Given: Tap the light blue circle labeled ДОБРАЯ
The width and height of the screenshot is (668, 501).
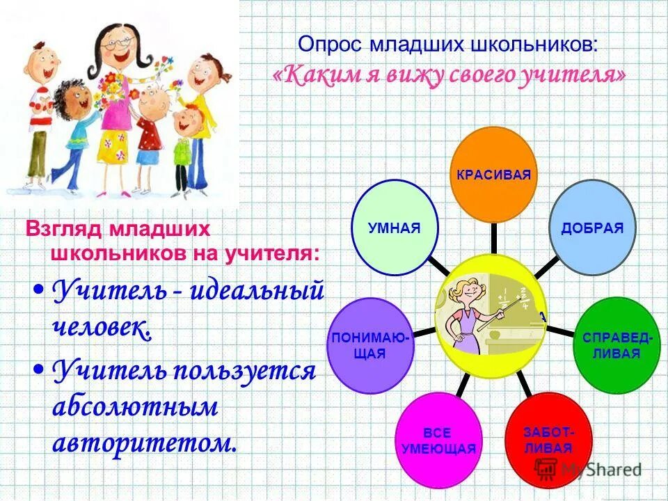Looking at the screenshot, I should point(592,228).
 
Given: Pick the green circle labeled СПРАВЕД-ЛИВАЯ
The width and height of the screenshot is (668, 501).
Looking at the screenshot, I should point(617,345).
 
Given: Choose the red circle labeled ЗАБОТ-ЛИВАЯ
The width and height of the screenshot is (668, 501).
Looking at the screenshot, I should point(549,439).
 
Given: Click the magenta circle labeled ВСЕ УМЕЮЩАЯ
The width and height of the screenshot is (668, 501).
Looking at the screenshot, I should point(438,440).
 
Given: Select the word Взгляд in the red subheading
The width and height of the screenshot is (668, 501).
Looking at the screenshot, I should point(58,229).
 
